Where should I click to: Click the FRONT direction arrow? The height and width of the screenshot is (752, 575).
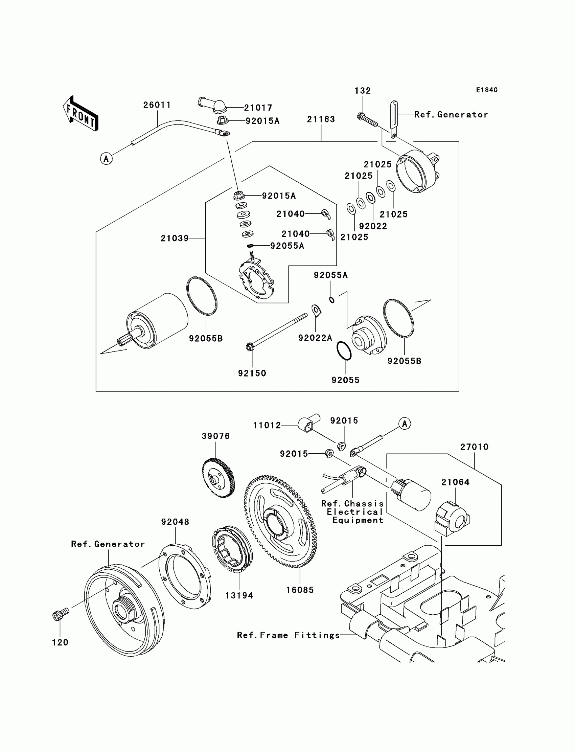tap(81, 114)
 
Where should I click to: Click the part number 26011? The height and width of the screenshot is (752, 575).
tap(157, 105)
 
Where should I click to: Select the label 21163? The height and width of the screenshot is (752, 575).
tap(321, 119)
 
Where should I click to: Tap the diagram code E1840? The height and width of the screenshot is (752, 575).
tap(486, 90)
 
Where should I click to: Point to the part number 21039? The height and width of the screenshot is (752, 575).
tap(175, 238)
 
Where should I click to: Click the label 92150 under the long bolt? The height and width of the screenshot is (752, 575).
tap(252, 373)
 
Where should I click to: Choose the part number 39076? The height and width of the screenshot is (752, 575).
tap(216, 436)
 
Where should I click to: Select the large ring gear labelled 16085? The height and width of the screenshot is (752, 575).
tap(281, 522)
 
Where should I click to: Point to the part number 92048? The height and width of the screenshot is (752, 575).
tap(175, 522)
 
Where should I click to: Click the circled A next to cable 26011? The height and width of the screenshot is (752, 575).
tap(106, 159)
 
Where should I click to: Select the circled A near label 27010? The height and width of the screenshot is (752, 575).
tap(405, 424)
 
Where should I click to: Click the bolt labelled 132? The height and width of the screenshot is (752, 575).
tap(367, 119)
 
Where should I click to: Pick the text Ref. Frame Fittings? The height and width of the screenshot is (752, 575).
tap(288, 635)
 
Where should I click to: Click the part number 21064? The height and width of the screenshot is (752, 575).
tap(455, 482)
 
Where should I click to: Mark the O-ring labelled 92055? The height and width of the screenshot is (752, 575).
tap(344, 350)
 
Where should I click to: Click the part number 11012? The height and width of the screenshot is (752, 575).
tap(267, 425)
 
